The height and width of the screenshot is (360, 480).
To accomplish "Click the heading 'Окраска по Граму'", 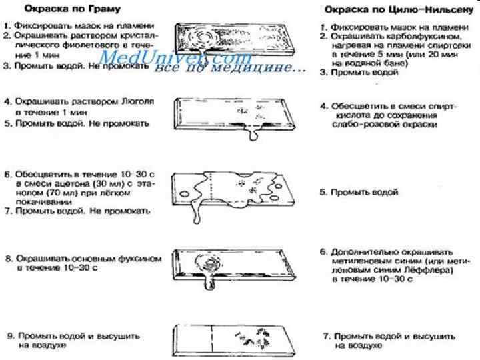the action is pos(63,10).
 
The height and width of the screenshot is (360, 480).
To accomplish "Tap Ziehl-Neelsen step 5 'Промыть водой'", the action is pos(367,192).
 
